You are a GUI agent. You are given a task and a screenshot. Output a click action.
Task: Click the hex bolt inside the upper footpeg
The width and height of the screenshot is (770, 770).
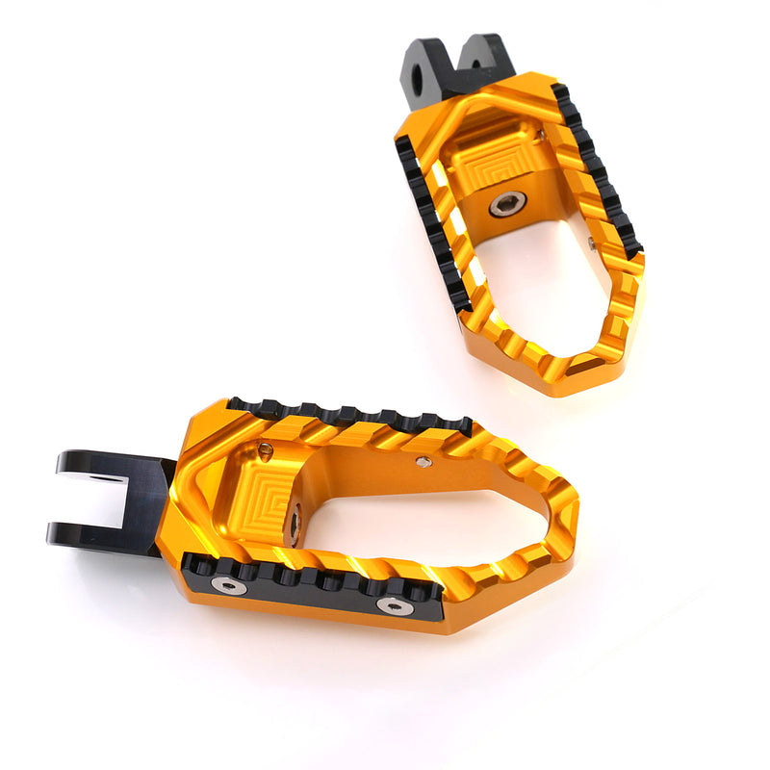point(507,204)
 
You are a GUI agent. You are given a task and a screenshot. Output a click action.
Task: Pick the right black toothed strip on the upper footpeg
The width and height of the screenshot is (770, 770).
point(597,173)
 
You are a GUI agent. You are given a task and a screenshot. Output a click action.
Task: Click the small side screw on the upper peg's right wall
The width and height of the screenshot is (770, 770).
point(591,244)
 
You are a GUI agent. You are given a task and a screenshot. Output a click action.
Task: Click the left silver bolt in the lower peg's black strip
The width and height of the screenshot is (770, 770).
point(228,584)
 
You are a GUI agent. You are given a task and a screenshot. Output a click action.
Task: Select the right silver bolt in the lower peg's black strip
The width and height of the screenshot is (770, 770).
point(395,605)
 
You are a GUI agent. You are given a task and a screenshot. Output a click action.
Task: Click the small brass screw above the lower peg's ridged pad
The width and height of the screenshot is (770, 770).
point(266,449)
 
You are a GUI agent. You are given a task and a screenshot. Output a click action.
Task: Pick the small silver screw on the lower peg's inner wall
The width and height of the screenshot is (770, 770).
point(423,462)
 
